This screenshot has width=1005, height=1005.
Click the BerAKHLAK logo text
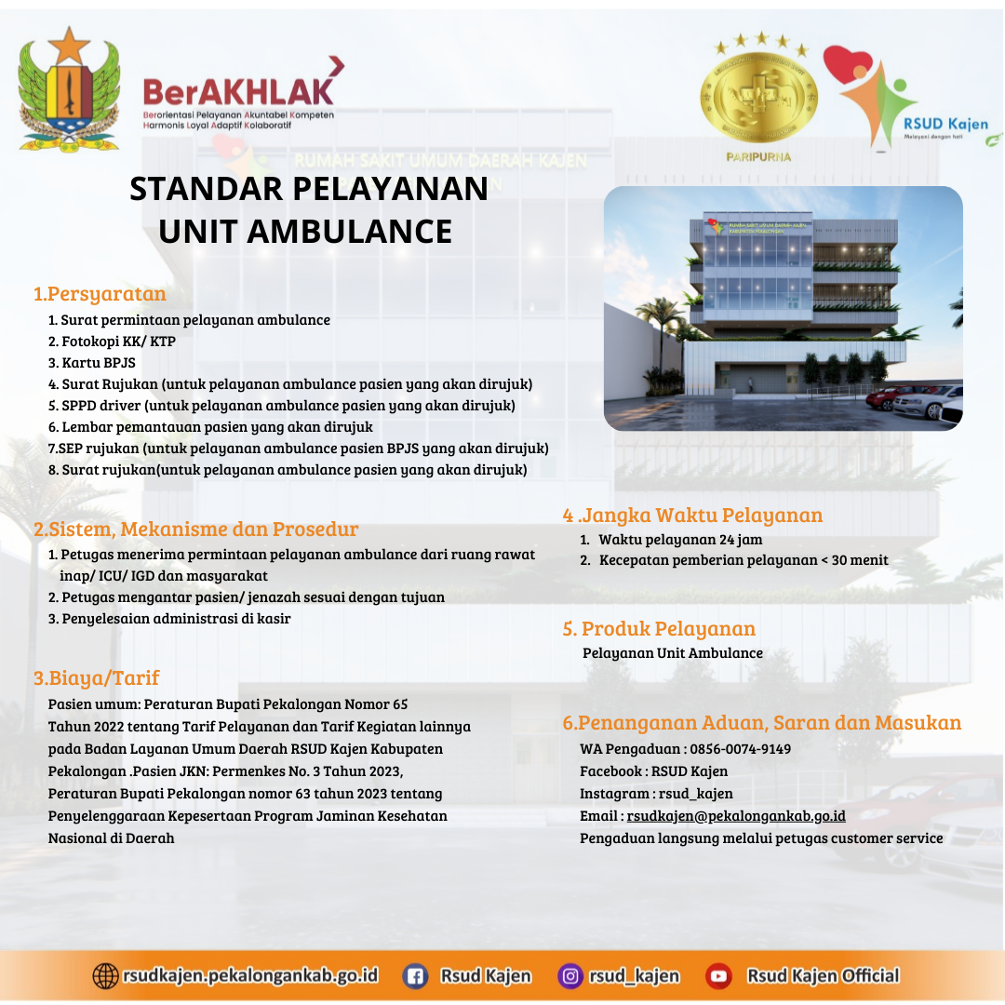pyautogui.click(x=238, y=92)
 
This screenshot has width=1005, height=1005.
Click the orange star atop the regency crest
pyautogui.click(x=69, y=46)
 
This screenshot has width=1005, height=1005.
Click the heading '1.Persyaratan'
pyautogui.click(x=100, y=293)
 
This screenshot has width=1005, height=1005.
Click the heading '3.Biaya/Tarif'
pyautogui.click(x=96, y=677)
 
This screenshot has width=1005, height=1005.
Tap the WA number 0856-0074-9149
pyautogui.click(x=741, y=748)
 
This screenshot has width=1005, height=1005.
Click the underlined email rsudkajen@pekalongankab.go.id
pyautogui.click(x=736, y=816)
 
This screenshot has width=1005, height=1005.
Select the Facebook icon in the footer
pyautogui.click(x=415, y=976)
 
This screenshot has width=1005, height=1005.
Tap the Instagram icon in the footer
pyautogui.click(x=569, y=976)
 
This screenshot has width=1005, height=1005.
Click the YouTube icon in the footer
pyautogui.click(x=718, y=976)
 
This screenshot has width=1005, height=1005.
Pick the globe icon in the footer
pyautogui.click(x=105, y=976)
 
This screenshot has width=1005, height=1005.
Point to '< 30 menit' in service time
pyautogui.click(x=854, y=560)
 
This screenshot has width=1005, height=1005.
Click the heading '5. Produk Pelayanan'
pyautogui.click(x=659, y=629)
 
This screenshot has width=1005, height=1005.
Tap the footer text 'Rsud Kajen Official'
pyautogui.click(x=823, y=976)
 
